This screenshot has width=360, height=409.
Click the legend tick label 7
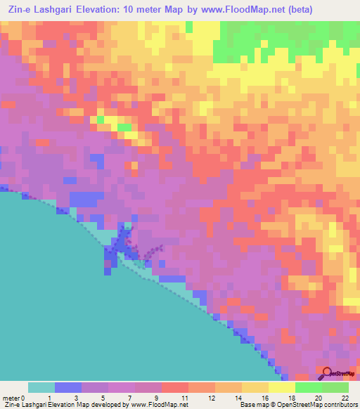click(136, 398)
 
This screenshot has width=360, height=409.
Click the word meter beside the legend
click(11, 398)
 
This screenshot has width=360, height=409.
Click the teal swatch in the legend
click(41, 387)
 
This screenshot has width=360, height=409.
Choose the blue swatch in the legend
click(67, 387)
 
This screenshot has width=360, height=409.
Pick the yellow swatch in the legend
click(281, 387)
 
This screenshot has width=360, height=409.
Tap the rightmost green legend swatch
click(335, 387)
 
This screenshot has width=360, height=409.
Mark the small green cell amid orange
click(124, 127)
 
